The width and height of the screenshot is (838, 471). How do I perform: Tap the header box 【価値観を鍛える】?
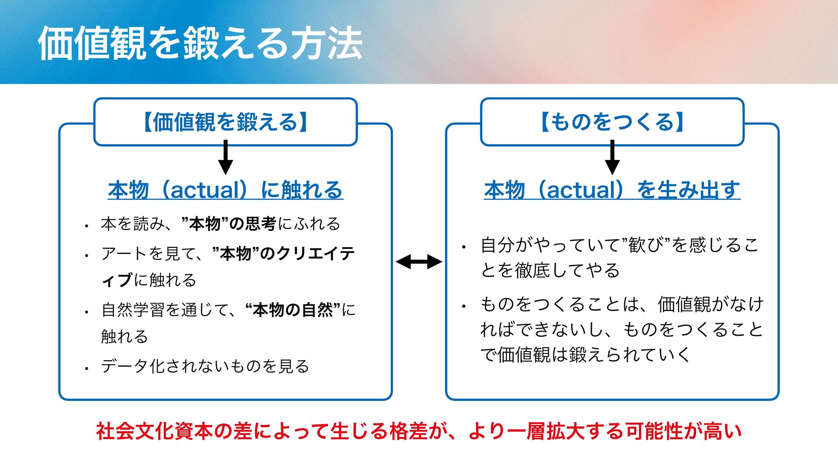coord(225,122)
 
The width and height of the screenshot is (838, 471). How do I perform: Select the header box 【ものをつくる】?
coord(612,122)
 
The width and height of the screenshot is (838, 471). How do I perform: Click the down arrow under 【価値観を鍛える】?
coord(225,158)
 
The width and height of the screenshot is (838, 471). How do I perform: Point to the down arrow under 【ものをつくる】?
coord(612,158)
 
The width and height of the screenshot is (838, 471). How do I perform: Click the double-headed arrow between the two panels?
coord(419,262)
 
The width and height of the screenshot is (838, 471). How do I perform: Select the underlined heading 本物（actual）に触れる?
coord(225,190)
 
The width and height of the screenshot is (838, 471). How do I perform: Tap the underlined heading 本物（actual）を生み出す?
coord(612,190)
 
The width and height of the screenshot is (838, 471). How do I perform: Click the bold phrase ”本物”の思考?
coord(228,224)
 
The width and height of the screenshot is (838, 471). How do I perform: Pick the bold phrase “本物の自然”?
coord(292,310)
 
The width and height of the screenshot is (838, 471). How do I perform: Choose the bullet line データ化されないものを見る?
coord(205,366)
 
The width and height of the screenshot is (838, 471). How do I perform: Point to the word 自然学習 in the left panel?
coord(133,310)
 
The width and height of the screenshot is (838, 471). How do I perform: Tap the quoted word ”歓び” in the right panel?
coord(645,245)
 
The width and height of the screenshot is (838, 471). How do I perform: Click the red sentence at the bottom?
coord(419,431)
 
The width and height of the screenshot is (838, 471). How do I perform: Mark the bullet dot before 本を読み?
coord(87,226)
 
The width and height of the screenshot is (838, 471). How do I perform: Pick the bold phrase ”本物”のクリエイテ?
coord(283,253)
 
